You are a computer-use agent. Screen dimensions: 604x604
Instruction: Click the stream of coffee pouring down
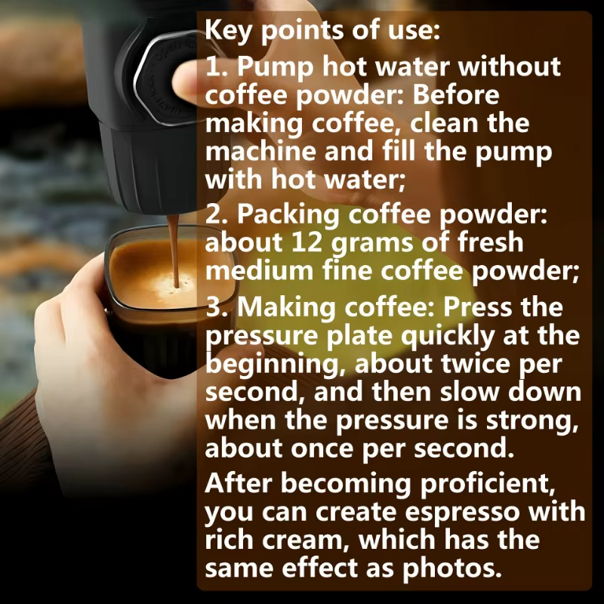coord(173,242)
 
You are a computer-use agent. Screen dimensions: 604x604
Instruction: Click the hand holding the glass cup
coord(72,332)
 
